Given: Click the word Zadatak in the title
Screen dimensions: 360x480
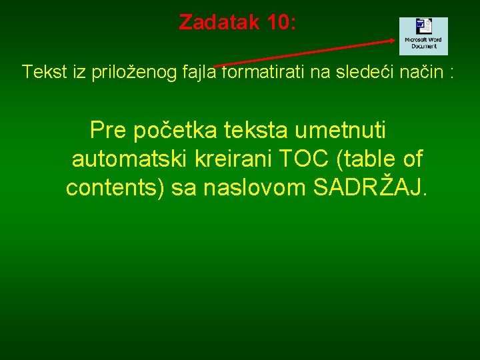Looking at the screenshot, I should click(219, 22).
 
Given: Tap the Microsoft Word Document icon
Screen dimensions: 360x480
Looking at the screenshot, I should click(423, 36).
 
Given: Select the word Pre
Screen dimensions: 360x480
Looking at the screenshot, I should click(108, 129).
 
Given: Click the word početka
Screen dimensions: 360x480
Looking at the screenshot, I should click(170, 130).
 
